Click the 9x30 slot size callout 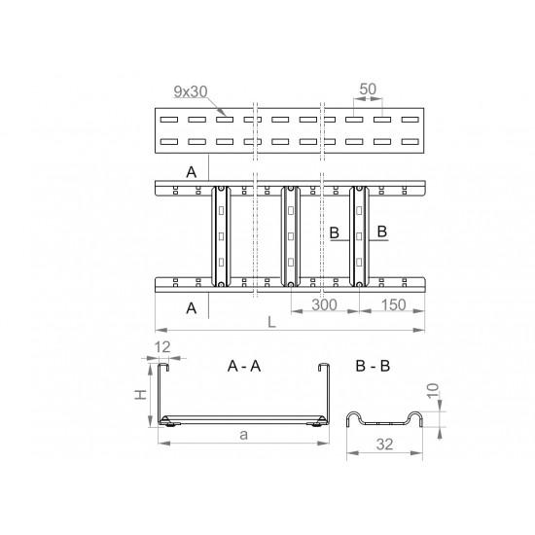191,91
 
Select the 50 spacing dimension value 368,89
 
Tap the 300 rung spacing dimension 324,304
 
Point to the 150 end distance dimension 393,304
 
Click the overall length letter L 271,322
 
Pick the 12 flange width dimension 162,347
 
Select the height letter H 140,394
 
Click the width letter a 243,435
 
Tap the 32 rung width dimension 384,445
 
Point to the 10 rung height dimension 433,391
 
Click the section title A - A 244,366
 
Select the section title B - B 373,366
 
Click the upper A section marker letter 192,172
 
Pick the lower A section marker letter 192,308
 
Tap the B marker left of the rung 335,232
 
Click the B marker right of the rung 382,232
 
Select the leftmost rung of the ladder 221,236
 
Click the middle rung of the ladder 291,236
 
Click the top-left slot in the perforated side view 169,120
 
